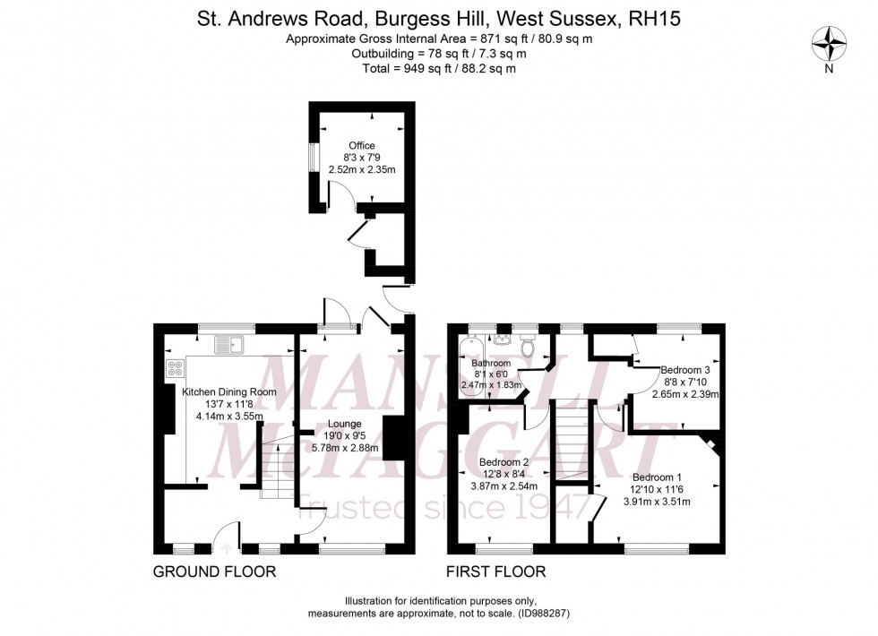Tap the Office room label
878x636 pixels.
[362, 145]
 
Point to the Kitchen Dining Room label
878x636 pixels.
[229, 392]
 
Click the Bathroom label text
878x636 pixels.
[491, 363]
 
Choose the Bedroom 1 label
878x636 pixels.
[657, 477]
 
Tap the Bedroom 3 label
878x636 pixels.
[685, 369]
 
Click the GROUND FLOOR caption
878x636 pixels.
[214, 572]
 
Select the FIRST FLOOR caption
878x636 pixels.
[495, 572]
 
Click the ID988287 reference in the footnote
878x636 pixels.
[534, 614]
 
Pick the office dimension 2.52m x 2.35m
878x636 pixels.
[362, 169]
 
